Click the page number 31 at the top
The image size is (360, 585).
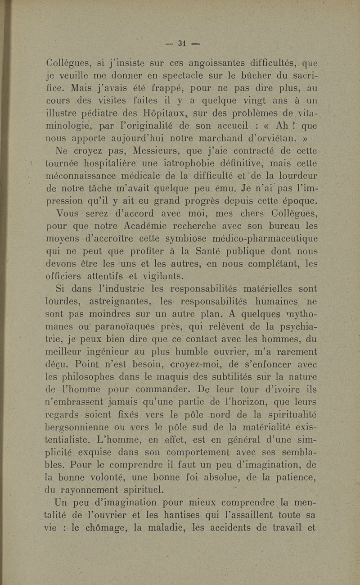[x=182, y=44]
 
